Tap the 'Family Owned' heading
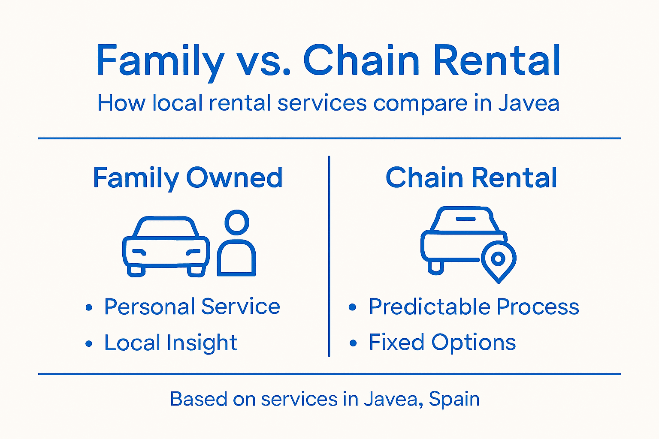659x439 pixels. (187, 177)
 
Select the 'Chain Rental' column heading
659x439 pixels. (471, 177)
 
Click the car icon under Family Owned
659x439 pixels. (166, 247)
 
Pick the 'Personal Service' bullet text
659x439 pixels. (192, 307)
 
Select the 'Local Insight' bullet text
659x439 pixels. (171, 343)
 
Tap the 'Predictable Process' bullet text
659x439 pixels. (474, 307)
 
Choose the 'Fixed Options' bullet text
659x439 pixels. (442, 343)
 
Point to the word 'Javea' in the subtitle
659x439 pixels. (529, 103)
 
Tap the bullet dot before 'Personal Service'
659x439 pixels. (89, 307)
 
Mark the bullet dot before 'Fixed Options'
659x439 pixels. (353, 343)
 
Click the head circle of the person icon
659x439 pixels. (237, 222)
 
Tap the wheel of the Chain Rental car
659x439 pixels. (435, 267)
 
